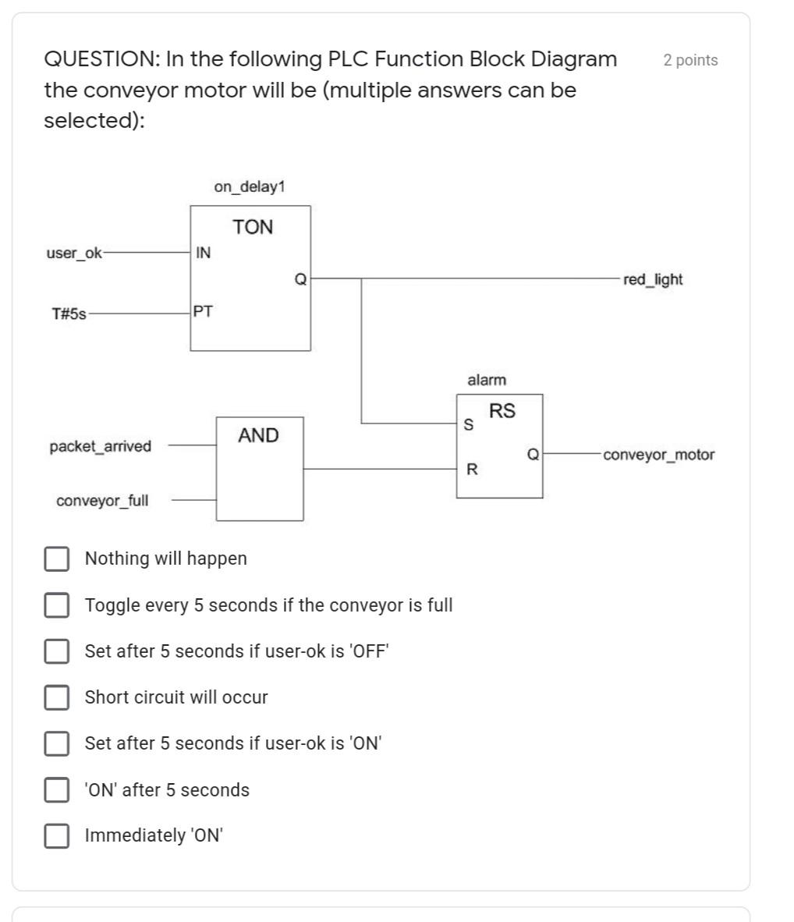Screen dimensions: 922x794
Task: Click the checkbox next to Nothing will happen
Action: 56,559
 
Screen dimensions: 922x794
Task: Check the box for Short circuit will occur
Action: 56,697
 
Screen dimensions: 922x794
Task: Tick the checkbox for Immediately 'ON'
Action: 56,835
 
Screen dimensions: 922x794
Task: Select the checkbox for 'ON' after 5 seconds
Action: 56,789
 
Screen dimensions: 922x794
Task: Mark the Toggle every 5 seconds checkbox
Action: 56,605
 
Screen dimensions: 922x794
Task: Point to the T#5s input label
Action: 69,314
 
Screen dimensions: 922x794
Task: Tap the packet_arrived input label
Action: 100,447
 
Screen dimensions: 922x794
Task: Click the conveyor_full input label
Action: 101,501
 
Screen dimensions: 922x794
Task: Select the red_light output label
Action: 652,279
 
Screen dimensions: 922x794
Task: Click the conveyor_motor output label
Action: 658,455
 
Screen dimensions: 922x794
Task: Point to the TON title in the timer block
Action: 253,227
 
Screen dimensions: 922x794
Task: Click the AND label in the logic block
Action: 258,435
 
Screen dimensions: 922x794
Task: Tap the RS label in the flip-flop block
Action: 502,410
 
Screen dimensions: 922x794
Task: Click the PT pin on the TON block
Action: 203,312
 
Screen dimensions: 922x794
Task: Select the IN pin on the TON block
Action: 203,253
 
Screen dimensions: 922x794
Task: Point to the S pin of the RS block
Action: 468,425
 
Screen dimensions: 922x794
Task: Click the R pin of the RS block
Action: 472,470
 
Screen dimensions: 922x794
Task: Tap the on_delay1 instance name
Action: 250,186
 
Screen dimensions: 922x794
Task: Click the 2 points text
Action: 690,60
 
